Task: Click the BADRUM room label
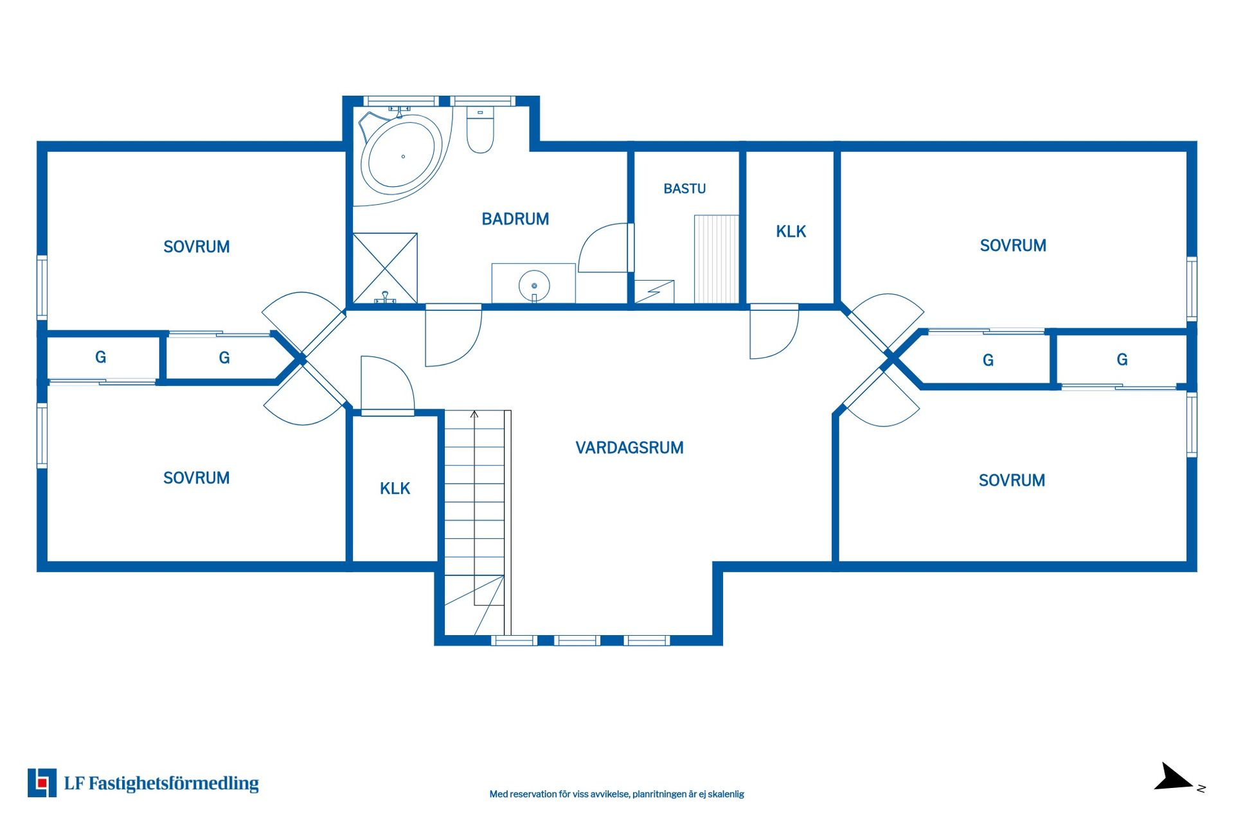515,219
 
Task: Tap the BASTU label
684,189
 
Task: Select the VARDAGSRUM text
629,448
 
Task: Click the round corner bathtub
401,155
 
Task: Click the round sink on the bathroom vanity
534,286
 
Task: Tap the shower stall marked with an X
385,268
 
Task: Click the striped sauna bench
716,259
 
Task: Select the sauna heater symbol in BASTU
654,292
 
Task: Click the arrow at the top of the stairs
474,415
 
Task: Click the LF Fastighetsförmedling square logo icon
42,783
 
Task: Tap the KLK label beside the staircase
395,489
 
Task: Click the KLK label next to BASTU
791,231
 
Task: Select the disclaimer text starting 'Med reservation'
616,794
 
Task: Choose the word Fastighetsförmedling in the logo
174,783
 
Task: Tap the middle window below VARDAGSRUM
577,640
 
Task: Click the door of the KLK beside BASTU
774,331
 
